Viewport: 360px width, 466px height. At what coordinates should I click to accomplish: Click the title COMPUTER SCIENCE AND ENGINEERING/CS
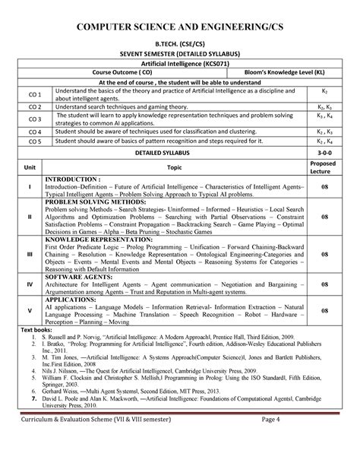click(x=180, y=30)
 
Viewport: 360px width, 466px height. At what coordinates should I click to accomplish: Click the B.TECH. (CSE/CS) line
click(x=180, y=55)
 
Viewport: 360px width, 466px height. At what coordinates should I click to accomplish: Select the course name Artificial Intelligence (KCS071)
click(x=180, y=67)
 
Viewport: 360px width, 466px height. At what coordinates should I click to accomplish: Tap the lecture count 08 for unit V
click(x=323, y=311)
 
